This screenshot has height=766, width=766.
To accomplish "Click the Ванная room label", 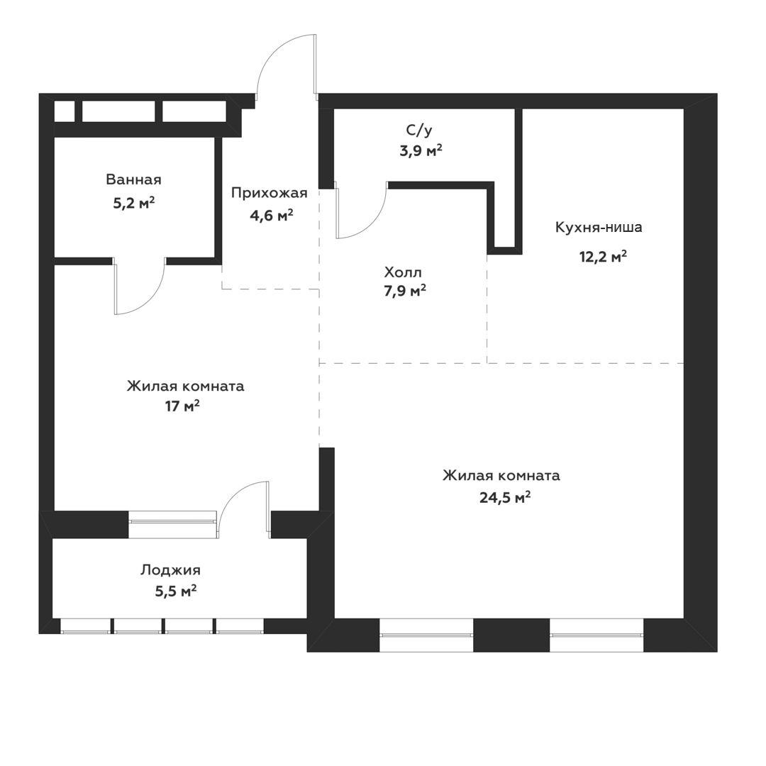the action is [133, 179].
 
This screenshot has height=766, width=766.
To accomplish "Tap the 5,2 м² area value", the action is [134, 202].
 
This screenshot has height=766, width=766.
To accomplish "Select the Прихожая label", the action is [270, 194].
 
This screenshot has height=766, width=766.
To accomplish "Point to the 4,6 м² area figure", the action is [272, 215].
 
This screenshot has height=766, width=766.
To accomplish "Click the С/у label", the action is [419, 130].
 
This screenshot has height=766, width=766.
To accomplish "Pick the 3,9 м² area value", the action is [421, 150].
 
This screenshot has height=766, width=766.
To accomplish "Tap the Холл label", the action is [403, 272].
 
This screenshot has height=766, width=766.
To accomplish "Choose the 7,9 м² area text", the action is [405, 292].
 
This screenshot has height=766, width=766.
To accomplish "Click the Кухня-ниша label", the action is [599, 227].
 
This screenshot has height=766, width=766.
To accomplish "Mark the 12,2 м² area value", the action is [604, 257].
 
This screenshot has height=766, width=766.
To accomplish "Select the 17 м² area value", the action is [182, 406].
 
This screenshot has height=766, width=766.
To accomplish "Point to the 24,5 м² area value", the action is [505, 498].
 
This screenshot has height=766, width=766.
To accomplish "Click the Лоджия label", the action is [170, 570].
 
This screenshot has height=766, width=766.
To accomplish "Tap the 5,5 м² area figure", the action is [176, 592].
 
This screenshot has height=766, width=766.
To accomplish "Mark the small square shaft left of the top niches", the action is [64, 111].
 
